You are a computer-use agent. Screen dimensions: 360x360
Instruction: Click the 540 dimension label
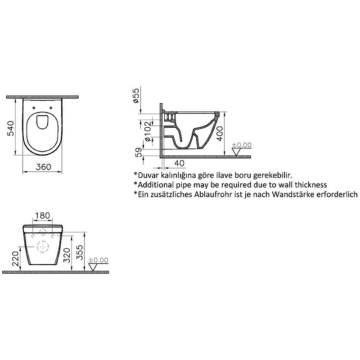coord(11,128)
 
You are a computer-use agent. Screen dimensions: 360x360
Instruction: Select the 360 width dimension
coord(43,166)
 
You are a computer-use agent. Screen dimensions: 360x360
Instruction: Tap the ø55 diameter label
coord(136,95)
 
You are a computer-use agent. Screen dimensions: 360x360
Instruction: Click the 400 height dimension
coord(220,133)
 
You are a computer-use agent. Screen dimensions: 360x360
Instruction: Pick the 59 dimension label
coord(139,153)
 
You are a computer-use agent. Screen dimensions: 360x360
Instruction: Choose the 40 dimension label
coord(179,163)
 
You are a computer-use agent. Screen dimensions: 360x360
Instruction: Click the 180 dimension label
coord(42,216)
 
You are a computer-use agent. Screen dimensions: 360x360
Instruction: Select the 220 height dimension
coord(16,258)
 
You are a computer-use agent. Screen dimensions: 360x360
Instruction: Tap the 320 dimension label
coord(67,255)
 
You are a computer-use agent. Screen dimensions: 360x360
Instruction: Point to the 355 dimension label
coord(80,252)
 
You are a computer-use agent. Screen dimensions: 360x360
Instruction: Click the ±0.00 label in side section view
coord(242,145)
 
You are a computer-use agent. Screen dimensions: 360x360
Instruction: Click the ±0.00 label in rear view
coord(98,260)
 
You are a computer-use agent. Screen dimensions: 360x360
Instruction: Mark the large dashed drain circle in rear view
coord(43,247)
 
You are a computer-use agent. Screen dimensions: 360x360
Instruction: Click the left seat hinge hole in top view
coord(34,108)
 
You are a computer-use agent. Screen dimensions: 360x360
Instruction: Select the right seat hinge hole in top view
coord(51,108)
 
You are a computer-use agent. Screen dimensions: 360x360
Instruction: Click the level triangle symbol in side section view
coord(237,152)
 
